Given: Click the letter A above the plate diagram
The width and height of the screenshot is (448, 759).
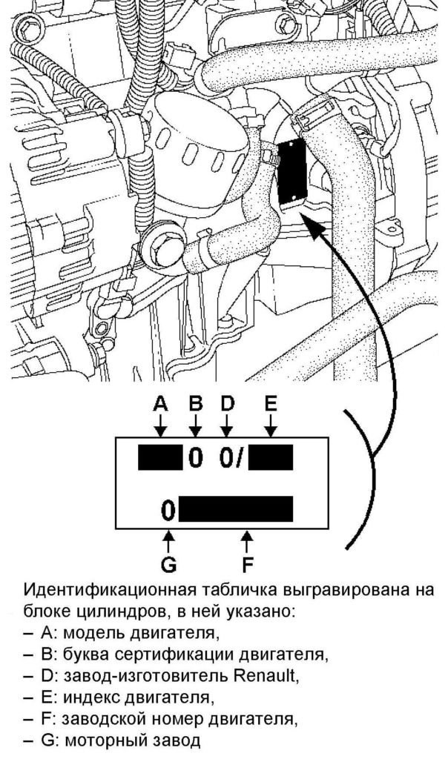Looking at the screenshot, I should [x=161, y=404].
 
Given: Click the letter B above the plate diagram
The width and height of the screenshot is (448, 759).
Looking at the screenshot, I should [x=196, y=404].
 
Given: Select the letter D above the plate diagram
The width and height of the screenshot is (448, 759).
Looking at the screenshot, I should [x=228, y=404].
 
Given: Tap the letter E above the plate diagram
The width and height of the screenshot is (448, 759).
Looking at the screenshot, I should [x=271, y=404].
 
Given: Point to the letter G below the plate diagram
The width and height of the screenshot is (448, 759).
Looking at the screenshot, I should [x=168, y=565].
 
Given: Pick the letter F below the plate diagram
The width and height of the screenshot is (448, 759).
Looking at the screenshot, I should [x=248, y=565].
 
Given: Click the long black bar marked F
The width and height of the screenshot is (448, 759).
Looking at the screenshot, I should [x=236, y=509].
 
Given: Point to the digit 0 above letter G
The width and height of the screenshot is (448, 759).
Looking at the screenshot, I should [x=169, y=510].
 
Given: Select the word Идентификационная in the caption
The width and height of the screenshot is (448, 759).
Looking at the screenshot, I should [x=106, y=591].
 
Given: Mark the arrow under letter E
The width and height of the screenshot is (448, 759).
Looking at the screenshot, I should [x=271, y=426].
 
